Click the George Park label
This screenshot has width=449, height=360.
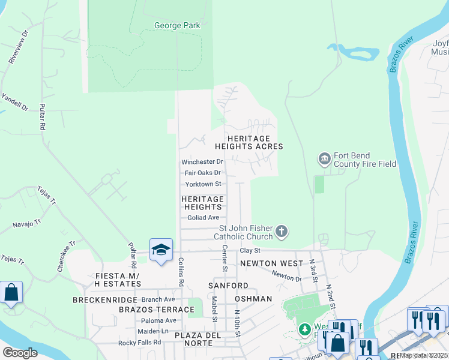point(177,26)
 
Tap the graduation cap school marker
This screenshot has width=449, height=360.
point(161,251)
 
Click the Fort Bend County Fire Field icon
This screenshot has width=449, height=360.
point(325,159)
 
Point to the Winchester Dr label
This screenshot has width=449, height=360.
point(202,162)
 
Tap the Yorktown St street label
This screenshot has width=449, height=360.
point(203,184)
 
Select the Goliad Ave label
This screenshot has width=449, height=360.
point(203,218)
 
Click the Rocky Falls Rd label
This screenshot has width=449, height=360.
point(140,343)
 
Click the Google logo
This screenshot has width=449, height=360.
point(20,353)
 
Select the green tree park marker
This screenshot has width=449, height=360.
point(305,330)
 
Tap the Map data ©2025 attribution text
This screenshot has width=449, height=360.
point(423,355)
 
